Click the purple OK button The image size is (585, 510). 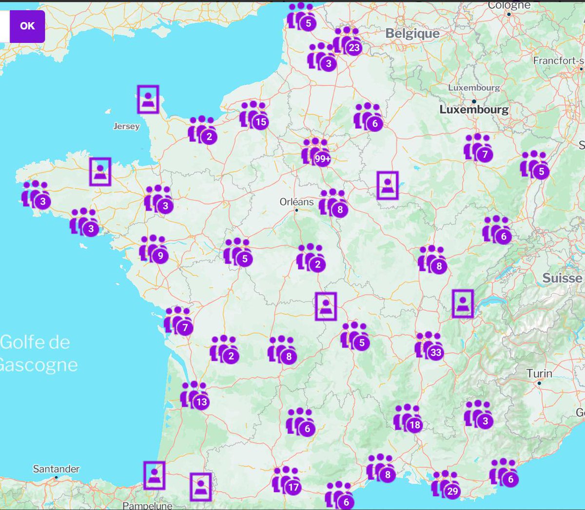(27, 26)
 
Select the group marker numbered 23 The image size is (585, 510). (347, 41)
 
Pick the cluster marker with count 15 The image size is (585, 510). (253, 115)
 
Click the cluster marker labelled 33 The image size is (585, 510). (429, 345)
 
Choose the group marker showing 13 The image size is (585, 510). (195, 395)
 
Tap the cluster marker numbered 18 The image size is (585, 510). (408, 418)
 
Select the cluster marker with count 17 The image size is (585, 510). (286, 480)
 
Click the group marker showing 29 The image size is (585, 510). (446, 484)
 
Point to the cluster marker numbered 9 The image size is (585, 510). (154, 249)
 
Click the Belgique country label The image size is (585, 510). (412, 34)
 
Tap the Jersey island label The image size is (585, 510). (126, 126)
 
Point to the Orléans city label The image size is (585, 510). (296, 202)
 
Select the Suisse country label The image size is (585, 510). (562, 278)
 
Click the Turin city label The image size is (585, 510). (539, 374)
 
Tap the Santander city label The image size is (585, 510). (56, 469)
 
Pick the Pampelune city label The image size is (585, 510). (147, 505)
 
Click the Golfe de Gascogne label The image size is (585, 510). (37, 353)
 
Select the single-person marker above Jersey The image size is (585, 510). (148, 99)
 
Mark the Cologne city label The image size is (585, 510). (509, 5)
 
